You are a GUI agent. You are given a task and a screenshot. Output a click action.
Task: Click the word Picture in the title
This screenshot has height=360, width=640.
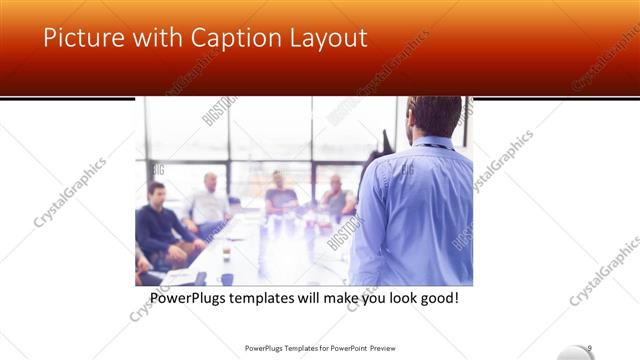pyautogui.click(x=83, y=38)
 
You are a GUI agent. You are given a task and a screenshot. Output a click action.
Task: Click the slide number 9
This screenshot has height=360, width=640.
pyautogui.click(x=590, y=347)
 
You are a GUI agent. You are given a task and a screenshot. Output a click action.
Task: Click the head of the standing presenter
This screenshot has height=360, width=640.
pyautogui.click(x=435, y=116)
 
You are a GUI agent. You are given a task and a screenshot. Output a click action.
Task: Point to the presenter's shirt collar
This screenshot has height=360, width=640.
pyautogui.click(x=430, y=143)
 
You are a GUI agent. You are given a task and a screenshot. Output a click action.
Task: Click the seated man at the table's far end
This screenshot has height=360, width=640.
pyautogui.click(x=278, y=192)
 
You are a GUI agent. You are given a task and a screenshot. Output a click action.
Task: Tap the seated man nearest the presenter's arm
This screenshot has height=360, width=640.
pyautogui.click(x=337, y=198)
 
